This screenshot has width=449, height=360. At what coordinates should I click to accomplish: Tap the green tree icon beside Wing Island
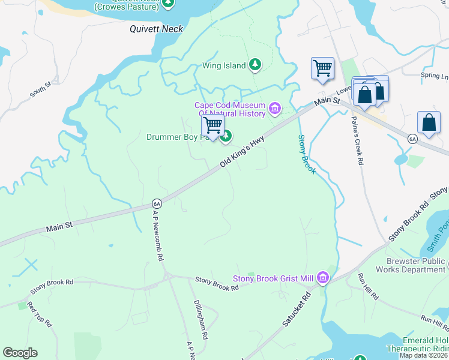(255, 64)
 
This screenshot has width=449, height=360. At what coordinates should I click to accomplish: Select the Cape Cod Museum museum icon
(275, 109)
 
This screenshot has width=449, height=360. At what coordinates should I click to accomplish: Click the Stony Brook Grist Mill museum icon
(323, 278)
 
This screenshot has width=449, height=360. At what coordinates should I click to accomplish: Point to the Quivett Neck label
(157, 28)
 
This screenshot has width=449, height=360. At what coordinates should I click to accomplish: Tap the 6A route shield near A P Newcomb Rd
(157, 203)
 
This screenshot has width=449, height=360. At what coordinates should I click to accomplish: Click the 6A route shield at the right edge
(412, 139)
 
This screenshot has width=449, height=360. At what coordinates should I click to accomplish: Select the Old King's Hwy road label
(242, 151)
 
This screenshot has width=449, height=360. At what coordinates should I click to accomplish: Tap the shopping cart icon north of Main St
(322, 68)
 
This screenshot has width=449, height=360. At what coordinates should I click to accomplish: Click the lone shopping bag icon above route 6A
(429, 122)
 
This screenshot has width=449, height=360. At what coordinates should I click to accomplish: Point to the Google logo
(20, 353)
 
